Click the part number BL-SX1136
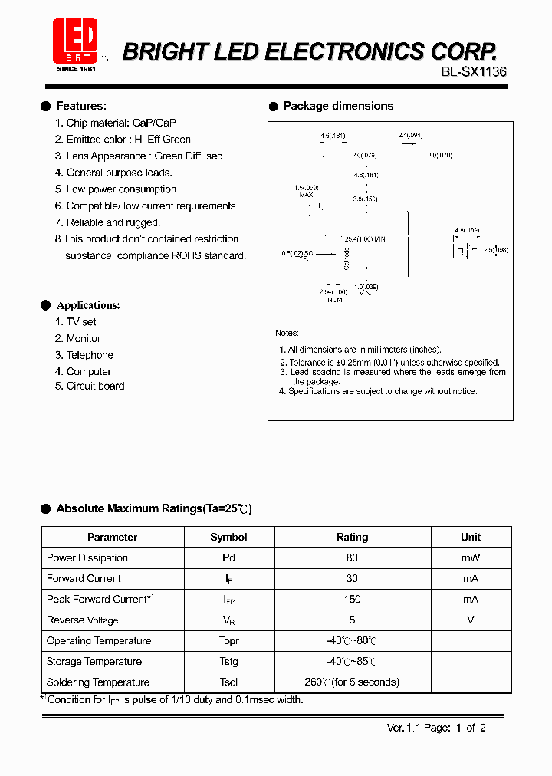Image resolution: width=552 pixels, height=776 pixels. (474, 71)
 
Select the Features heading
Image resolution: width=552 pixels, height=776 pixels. (81, 106)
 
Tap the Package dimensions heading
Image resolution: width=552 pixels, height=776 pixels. (338, 106)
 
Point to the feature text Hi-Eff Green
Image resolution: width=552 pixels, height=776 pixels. (163, 139)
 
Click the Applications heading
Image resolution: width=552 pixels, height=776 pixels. (88, 305)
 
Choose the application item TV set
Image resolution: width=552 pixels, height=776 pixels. (80, 322)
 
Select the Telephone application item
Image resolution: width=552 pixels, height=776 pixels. (89, 355)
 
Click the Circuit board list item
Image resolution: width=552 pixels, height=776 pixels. (95, 386)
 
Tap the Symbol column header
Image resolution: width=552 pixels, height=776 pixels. (228, 537)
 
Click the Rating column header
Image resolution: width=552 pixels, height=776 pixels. (352, 537)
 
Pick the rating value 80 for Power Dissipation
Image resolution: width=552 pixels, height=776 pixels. (352, 557)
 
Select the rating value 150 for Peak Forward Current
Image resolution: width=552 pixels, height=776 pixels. (352, 599)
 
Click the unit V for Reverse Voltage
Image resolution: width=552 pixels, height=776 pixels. (470, 620)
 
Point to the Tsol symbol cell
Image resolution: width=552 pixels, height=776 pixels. (228, 682)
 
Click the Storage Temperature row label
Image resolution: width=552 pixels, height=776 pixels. (94, 661)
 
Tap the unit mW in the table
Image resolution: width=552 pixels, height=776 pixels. (470, 557)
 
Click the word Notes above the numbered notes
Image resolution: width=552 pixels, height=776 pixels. (287, 333)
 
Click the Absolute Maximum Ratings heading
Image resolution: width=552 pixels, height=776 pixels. (153, 508)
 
